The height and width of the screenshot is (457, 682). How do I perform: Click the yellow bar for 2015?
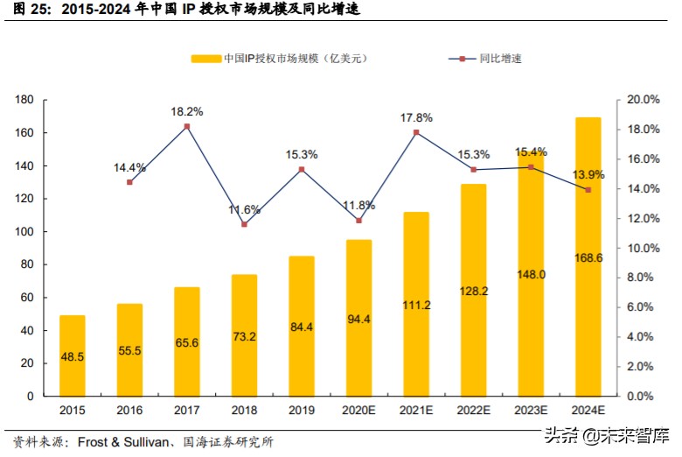click(73, 355)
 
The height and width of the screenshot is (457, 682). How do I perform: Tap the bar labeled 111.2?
click(416, 304)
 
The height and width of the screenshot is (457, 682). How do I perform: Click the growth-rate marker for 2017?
click(187, 126)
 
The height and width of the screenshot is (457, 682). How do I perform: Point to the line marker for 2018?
click(244, 224)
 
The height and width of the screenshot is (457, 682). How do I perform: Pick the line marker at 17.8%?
click(416, 132)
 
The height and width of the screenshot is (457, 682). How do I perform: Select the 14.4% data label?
click(129, 167)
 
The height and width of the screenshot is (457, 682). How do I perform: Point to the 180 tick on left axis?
click(25, 101)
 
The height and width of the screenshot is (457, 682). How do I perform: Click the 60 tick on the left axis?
click(28, 298)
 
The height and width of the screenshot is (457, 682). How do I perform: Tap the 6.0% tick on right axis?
click(648, 307)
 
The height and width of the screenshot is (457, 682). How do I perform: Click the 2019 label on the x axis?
click(302, 410)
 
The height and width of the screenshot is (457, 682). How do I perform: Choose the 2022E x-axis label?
click(474, 410)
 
